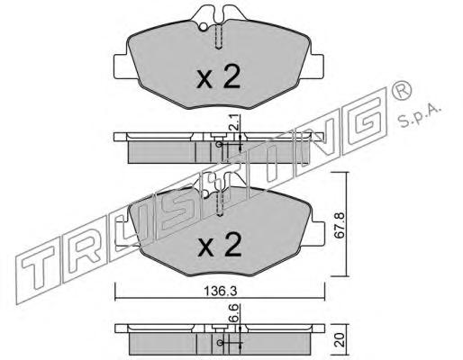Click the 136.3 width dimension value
(221, 291)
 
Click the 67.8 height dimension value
(340, 225)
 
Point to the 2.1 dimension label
(236, 121)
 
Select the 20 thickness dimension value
(340, 339)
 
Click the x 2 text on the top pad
(218, 77)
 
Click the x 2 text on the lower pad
(220, 245)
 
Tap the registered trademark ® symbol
(401, 90)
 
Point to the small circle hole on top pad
(204, 27)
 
